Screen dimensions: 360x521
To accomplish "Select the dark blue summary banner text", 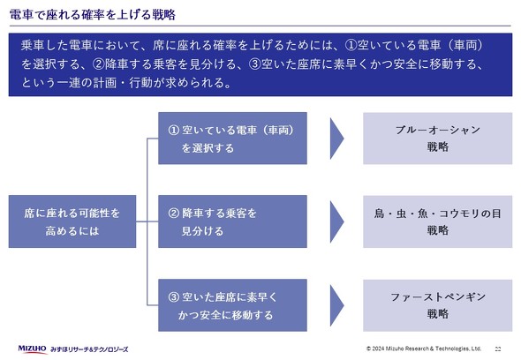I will (x=260, y=64).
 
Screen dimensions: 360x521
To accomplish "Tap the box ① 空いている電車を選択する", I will (x=232, y=139).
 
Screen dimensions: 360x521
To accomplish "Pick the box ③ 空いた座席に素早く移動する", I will (x=232, y=304).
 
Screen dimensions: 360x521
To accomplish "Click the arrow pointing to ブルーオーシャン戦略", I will (x=336, y=139).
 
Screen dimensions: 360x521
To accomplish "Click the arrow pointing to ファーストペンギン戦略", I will (x=336, y=304).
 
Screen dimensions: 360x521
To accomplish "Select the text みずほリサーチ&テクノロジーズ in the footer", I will (x=95, y=349).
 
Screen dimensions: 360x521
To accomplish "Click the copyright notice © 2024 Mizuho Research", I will (x=423, y=349).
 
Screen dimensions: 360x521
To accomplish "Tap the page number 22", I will (x=499, y=349).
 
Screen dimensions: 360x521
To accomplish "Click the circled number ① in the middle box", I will (x=174, y=130).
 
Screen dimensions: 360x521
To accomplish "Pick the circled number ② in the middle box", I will (x=174, y=213).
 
